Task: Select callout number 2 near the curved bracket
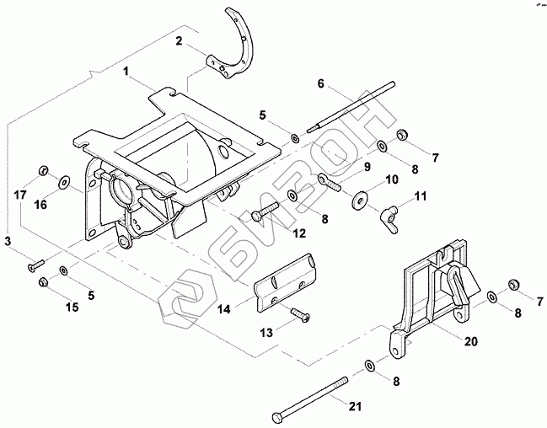pos(178,40)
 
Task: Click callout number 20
pos(469,342)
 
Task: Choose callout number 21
pos(355,408)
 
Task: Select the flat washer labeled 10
pos(362,200)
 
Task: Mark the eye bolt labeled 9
pos(330,182)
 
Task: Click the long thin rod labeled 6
pos(354,105)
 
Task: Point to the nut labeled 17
pos(41,174)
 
